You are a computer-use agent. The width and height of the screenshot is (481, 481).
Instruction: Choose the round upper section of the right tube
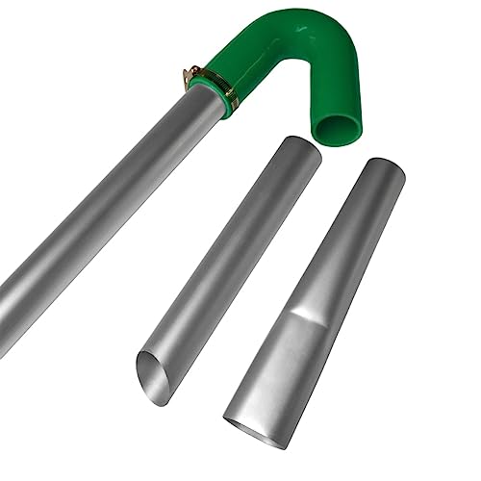point(346,240)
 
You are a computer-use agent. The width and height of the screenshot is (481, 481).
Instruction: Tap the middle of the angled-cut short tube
point(226,260)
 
